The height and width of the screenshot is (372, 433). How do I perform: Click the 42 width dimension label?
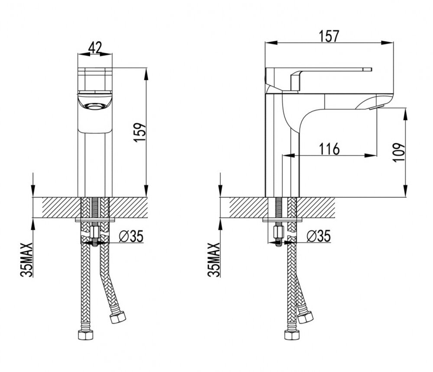95,47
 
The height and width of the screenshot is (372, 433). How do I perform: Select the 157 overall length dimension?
329,36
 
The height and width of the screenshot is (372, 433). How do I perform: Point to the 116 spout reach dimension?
329,149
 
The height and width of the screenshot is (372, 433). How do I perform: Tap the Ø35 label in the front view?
131,236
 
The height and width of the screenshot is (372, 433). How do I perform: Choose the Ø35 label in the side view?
319,236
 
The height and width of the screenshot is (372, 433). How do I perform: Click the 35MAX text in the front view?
26,260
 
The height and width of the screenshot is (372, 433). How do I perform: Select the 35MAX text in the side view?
214,260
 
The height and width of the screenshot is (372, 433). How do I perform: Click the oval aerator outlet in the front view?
95,106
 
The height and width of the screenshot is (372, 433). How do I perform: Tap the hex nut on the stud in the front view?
94,232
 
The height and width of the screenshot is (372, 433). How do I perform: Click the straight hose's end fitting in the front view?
86,334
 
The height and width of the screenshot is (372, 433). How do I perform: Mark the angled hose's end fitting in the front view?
118,317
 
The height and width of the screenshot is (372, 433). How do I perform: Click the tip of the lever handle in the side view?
372,69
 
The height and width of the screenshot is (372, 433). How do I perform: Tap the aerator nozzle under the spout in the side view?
376,107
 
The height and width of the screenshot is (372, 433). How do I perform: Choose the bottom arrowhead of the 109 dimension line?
405,191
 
